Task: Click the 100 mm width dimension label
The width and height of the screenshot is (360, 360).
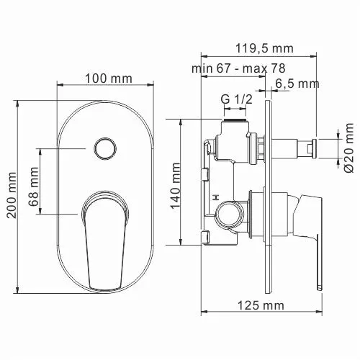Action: (x=105, y=76)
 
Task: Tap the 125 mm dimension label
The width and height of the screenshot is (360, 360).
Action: (x=259, y=305)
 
